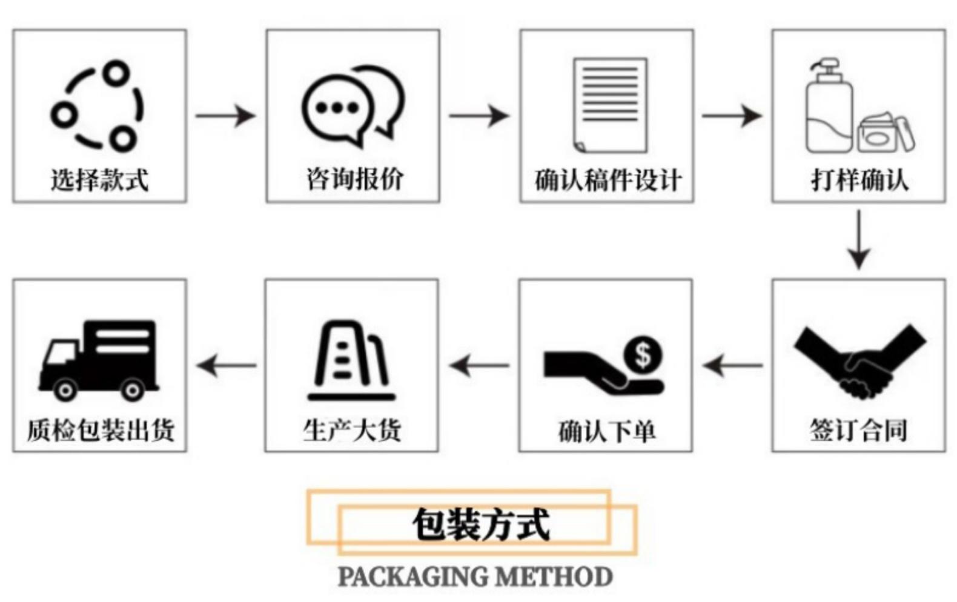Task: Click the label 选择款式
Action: pos(99,179)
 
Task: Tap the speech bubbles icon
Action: pos(353,107)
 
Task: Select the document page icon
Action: pos(610,105)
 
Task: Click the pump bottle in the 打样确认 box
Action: pos(829,106)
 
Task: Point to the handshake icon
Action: pos(859,362)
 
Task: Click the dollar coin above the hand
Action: pos(643,356)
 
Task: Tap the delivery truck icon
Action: pos(99,360)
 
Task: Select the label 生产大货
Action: pos(352,430)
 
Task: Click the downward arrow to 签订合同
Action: pos(859,240)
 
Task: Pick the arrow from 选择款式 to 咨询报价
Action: pos(225,116)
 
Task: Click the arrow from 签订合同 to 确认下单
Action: pos(732,365)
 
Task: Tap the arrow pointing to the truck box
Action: pos(227,365)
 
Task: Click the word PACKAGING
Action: pos(412,577)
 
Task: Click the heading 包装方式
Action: pos(481,524)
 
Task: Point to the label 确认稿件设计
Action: pos(608,180)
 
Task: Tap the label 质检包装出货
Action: pos(101,430)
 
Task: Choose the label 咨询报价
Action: pos(354,179)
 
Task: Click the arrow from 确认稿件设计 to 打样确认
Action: pos(732,116)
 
